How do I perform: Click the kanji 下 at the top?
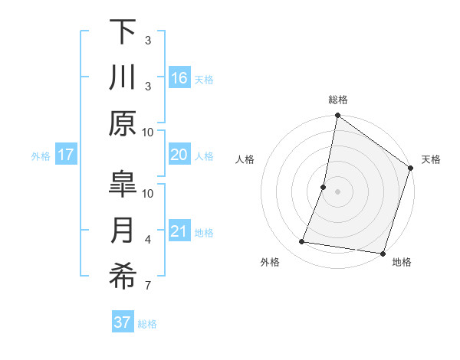pos(123,31)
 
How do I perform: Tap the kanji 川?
pos(123,78)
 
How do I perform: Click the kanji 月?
pos(123,231)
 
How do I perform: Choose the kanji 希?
pos(123,277)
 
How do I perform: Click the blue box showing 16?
pos(179,77)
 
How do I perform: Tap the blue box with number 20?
pos(179,155)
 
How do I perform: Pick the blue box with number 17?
pos(66,155)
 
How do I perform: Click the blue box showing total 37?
pos(123,322)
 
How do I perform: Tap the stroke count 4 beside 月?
pos(148,241)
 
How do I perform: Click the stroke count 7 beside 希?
pos(148,286)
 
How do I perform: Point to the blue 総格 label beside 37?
pos(147,324)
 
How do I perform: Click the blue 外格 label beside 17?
pos(41,156)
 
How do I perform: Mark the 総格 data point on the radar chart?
pos(337,116)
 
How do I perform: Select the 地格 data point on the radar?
pos(382,253)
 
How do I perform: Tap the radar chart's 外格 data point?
pos(302,242)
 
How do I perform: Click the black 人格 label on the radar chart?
pos(245,160)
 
